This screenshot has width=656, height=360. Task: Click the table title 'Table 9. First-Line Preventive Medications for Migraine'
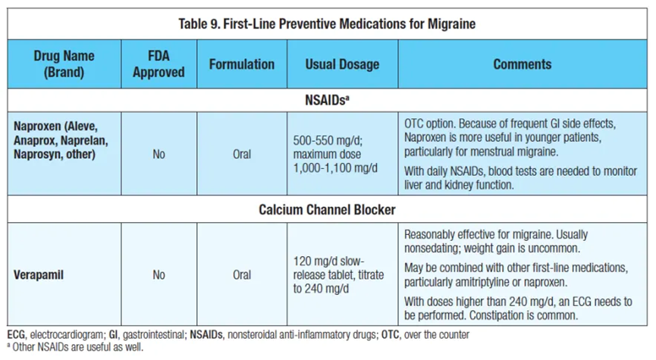[327, 23]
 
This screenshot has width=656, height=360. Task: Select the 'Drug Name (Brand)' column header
[64, 64]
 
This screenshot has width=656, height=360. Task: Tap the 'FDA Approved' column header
[159, 64]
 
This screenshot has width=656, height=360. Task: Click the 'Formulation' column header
[242, 64]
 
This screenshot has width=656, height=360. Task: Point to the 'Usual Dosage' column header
[342, 64]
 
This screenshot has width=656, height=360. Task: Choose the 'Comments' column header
[522, 64]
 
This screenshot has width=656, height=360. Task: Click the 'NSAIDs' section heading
[327, 100]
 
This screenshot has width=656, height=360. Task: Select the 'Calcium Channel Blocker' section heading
[327, 209]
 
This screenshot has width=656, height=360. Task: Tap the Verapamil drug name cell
[39, 274]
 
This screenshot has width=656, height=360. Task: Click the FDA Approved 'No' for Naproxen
[159, 155]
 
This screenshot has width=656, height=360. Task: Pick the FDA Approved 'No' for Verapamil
[159, 274]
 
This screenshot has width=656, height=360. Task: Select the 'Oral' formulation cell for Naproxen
[242, 155]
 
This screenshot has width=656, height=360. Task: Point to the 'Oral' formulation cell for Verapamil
[242, 274]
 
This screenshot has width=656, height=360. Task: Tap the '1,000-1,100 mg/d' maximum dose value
[335, 168]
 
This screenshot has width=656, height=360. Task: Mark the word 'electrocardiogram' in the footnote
[66, 335]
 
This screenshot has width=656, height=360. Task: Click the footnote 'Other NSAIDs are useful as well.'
[78, 347]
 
